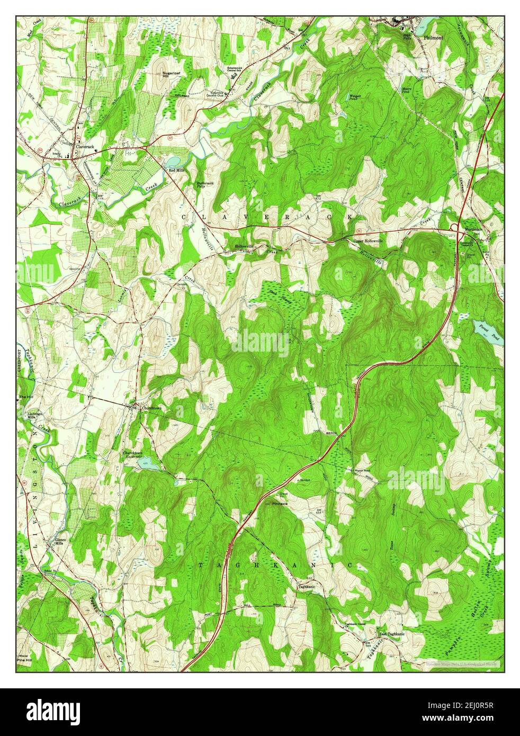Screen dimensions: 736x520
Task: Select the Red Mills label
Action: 176,170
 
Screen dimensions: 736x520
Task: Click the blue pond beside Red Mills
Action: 173,161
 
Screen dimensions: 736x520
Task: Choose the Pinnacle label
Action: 279,504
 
